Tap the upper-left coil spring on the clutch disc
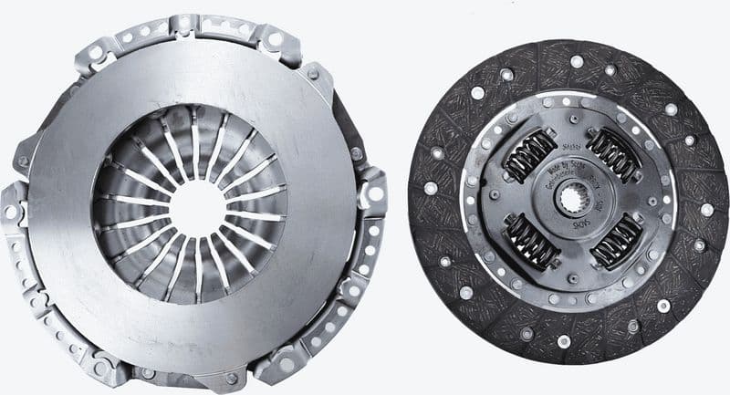[530, 155]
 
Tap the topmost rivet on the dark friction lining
[577, 61]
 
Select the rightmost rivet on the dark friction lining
[706, 209]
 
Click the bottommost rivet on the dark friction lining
[563, 341]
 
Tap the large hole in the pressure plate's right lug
[374, 193]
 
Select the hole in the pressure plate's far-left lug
[11, 213]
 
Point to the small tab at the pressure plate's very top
[182, 22]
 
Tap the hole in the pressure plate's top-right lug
[275, 39]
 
